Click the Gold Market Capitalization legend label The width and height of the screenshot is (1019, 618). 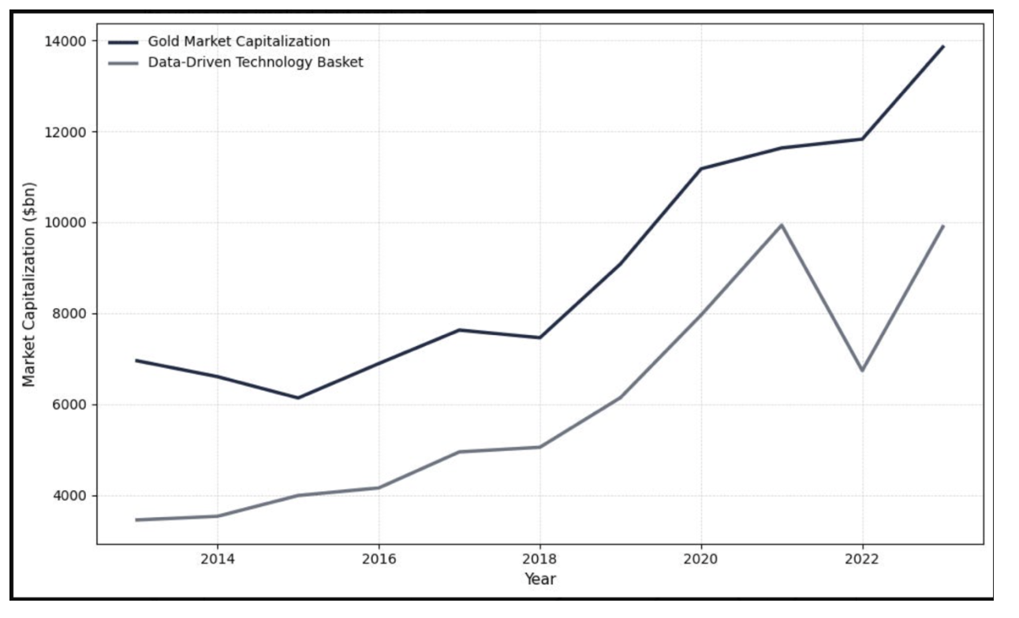[x=238, y=42]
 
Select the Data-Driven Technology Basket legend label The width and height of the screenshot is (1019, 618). [x=256, y=62]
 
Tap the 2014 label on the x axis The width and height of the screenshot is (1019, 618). [x=217, y=559]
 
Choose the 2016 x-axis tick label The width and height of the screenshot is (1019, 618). [x=379, y=559]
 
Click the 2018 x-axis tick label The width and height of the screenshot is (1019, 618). [x=539, y=559]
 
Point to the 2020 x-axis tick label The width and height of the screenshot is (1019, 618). [x=701, y=559]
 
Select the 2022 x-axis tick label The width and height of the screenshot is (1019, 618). [x=862, y=559]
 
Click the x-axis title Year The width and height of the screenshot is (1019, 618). [x=540, y=579]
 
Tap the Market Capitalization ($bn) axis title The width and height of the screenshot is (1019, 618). [x=29, y=285]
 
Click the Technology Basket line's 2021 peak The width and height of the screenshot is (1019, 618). [x=782, y=225]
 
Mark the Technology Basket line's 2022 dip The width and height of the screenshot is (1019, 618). [x=862, y=370]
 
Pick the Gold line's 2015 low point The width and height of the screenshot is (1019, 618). [x=298, y=397]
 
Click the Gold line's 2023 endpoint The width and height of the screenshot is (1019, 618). [x=942, y=47]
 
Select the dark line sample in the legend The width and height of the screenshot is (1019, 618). [x=124, y=42]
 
